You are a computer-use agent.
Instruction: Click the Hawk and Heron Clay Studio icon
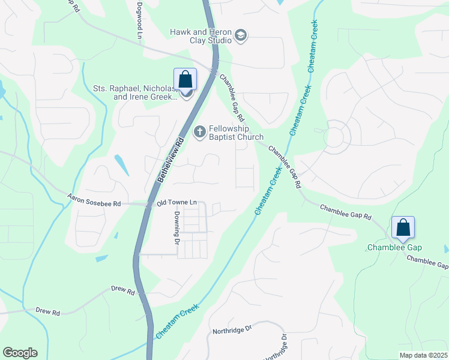pos(241,35)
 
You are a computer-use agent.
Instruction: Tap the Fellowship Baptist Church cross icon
pos(199,131)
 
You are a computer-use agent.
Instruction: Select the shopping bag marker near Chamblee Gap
pos(403,227)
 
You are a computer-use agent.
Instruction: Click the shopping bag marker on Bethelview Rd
pos(185,79)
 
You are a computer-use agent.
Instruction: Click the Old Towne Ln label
pos(177,203)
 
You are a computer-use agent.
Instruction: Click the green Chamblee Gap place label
pos(394,248)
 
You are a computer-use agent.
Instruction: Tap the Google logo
pos(20,353)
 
